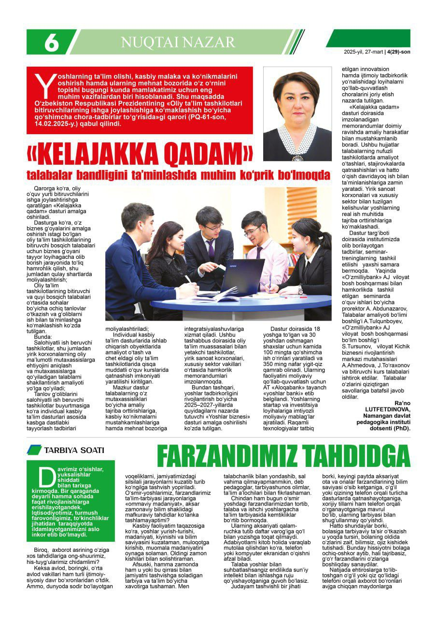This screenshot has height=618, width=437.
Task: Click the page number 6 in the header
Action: click(52, 43)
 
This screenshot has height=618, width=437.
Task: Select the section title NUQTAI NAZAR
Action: click(178, 42)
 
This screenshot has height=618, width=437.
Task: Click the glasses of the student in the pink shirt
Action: click(253, 231)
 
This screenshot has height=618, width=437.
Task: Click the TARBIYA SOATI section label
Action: click(73, 450)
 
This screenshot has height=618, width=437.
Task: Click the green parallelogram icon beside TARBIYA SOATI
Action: click(34, 450)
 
